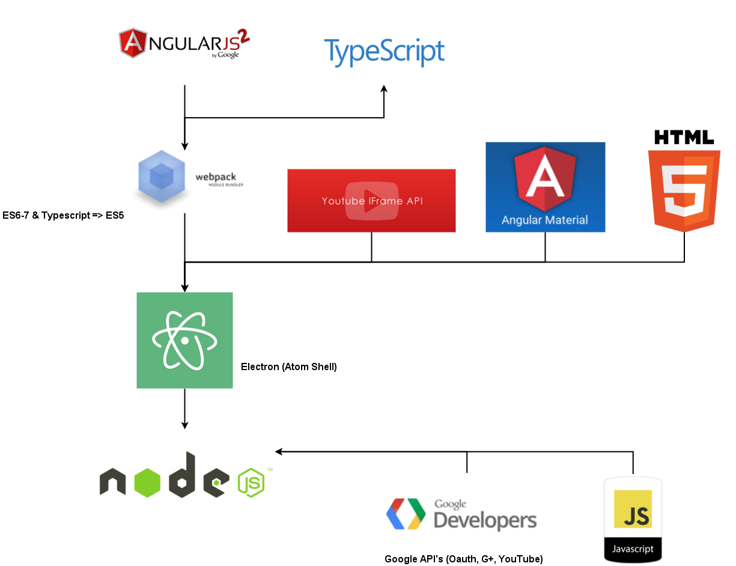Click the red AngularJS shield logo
[x=133, y=43]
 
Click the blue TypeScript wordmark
[x=384, y=52]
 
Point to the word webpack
[x=216, y=177]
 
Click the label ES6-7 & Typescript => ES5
[x=63, y=215]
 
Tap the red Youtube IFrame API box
[x=371, y=201]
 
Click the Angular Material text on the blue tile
[x=545, y=220]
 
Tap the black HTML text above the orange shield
[x=684, y=137]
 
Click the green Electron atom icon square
[x=184, y=340]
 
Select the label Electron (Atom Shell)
[x=289, y=367]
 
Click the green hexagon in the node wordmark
[x=147, y=482]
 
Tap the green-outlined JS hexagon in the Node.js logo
[x=251, y=482]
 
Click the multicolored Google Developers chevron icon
[x=406, y=514]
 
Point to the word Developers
[x=485, y=520]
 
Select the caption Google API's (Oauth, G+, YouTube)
[x=464, y=559]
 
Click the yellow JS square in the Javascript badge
[x=633, y=510]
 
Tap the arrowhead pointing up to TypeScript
[x=384, y=89]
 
